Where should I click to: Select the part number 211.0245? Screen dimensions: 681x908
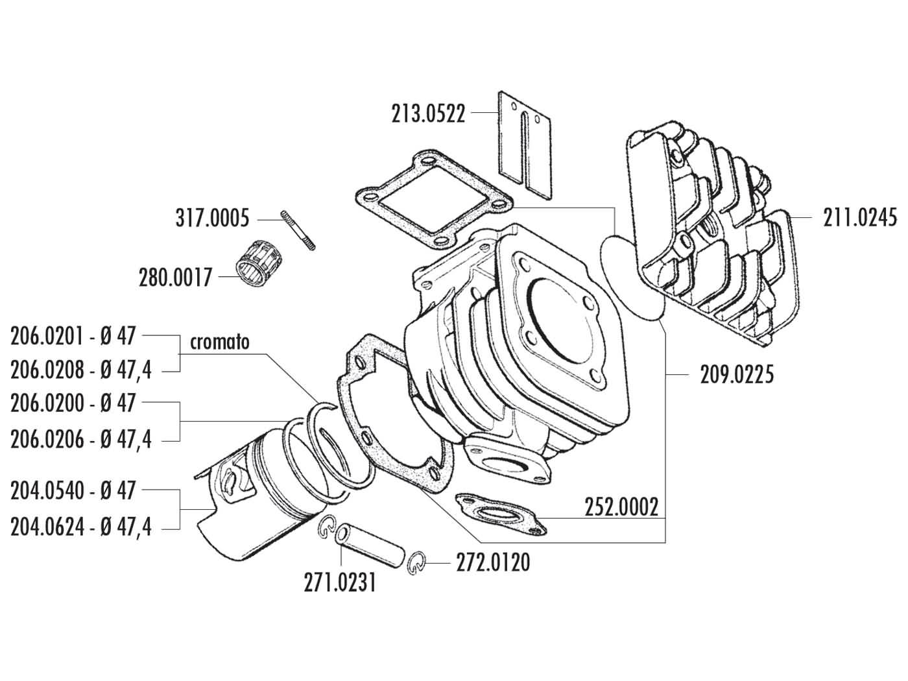click(860, 217)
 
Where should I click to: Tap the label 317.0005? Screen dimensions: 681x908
click(211, 219)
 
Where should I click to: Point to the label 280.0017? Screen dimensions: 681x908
click(175, 278)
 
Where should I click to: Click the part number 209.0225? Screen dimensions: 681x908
click(737, 375)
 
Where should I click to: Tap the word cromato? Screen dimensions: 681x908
click(220, 342)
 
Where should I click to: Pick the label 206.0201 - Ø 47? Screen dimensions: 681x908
click(73, 336)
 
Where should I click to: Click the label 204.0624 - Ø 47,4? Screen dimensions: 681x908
click(81, 527)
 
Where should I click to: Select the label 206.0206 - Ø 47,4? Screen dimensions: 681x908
click(81, 440)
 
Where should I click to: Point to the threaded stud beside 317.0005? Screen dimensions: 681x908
click(298, 230)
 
